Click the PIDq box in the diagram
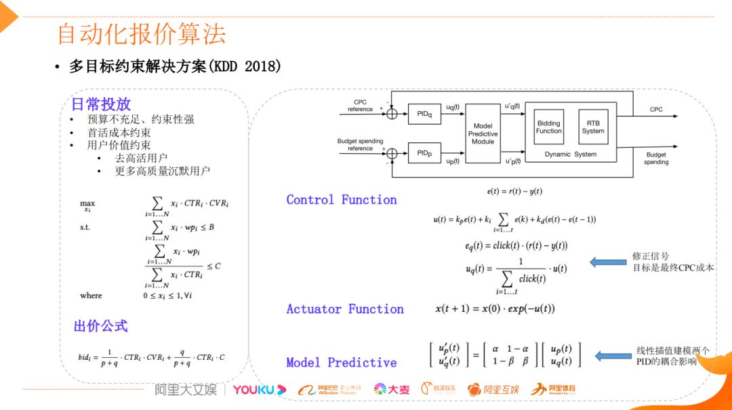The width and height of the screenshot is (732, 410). (x=424, y=114)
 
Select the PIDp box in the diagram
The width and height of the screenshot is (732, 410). (x=424, y=154)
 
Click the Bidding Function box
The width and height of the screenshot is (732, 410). (x=548, y=127)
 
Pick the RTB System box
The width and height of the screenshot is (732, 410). (x=592, y=127)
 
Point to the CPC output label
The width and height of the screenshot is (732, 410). (x=656, y=110)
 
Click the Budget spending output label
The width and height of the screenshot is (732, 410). (x=656, y=159)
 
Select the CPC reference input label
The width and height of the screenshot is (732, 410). (x=360, y=106)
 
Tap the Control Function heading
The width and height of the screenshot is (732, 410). (x=342, y=200)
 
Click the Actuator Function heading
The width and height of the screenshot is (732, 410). (x=345, y=309)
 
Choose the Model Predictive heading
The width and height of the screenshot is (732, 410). (x=342, y=363)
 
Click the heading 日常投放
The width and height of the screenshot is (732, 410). (x=101, y=104)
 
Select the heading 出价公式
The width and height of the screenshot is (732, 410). (x=100, y=326)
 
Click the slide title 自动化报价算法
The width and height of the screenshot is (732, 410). (x=141, y=35)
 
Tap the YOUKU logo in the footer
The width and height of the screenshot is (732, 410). (x=259, y=390)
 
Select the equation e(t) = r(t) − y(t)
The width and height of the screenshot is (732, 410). (x=514, y=192)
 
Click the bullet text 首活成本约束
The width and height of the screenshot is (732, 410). (x=119, y=133)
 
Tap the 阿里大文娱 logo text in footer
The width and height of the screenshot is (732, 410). (x=186, y=390)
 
